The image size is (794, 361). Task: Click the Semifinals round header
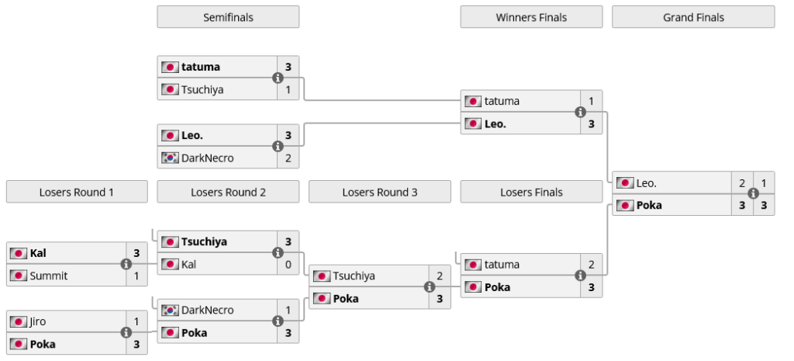tap(228, 17)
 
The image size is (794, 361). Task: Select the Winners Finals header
tap(531, 17)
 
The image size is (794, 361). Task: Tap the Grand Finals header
tap(692, 17)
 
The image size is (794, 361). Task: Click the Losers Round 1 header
tap(77, 192)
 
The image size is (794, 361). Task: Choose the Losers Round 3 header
tap(379, 192)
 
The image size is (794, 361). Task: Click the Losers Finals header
tap(531, 192)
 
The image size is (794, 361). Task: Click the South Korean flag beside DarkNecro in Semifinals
tap(170, 158)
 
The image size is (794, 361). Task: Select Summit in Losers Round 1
tap(48, 276)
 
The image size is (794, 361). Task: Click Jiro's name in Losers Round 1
tap(40, 321)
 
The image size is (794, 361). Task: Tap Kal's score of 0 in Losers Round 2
tap(288, 264)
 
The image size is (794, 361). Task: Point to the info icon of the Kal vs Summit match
tap(126, 264)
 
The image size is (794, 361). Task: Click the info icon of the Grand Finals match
tap(753, 194)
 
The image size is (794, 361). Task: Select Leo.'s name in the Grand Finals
tap(646, 183)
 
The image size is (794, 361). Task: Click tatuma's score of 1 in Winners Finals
tap(591, 101)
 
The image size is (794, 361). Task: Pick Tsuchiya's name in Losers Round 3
tap(354, 276)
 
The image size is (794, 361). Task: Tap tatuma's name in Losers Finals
tap(502, 264)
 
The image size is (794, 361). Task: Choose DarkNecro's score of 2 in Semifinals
tap(288, 158)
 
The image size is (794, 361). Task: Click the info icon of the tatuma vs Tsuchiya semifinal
tap(278, 78)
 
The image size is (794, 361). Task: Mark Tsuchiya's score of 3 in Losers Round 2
tap(288, 241)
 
